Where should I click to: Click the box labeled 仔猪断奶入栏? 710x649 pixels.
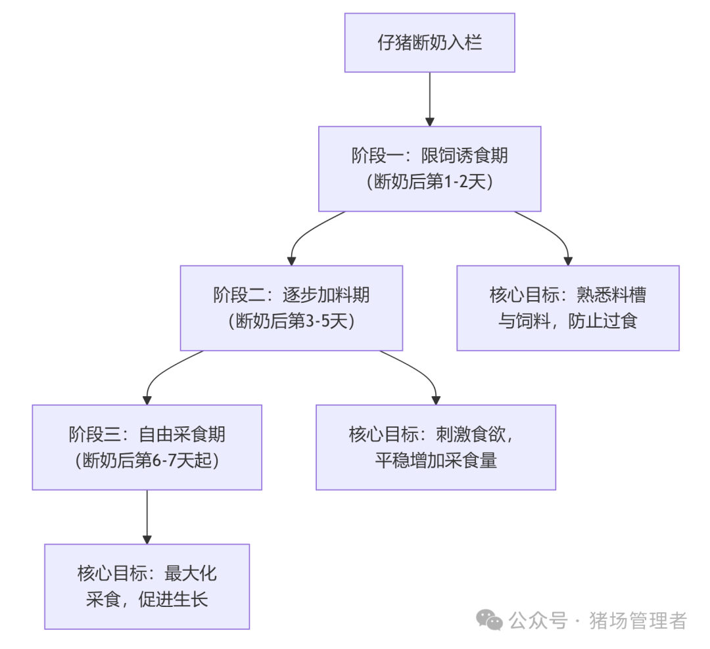point(430,43)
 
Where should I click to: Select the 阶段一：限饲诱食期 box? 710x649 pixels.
point(430,169)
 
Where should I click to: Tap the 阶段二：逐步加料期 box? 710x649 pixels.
point(292,308)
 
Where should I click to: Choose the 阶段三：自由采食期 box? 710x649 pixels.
point(147,447)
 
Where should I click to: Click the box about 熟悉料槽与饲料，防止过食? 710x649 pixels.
point(568,308)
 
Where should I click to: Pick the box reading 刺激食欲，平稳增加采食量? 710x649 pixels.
point(436,447)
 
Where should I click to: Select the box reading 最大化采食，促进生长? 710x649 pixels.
point(147,587)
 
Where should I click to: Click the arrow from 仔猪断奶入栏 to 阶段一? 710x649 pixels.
point(430,99)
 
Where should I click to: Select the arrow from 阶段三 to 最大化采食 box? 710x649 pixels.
point(147,517)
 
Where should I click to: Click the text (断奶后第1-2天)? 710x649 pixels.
point(430,182)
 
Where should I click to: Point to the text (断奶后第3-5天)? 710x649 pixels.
point(292,321)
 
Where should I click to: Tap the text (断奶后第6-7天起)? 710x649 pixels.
point(147,460)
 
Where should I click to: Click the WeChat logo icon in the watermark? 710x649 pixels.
point(489,619)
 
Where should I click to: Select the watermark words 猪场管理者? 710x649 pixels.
point(638,621)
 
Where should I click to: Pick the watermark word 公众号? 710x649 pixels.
point(538,621)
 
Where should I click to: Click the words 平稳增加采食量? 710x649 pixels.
point(436,460)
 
